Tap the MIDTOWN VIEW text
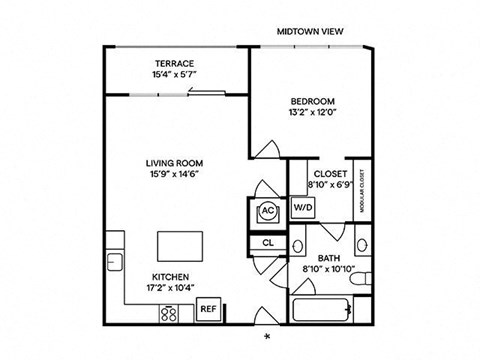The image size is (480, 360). pyautogui.click(x=310, y=32)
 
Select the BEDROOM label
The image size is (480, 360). pyautogui.click(x=310, y=100)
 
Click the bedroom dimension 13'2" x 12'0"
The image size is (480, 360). pyautogui.click(x=310, y=112)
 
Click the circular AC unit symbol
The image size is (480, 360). pyautogui.click(x=267, y=211)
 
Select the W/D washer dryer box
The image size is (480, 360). pyautogui.click(x=303, y=208)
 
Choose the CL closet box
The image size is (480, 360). pyautogui.click(x=267, y=242)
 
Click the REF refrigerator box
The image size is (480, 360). pyautogui.click(x=208, y=308)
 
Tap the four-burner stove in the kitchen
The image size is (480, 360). pyautogui.click(x=169, y=311)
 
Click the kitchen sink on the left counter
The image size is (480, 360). pyautogui.click(x=115, y=262)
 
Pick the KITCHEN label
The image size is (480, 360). pyautogui.click(x=172, y=276)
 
